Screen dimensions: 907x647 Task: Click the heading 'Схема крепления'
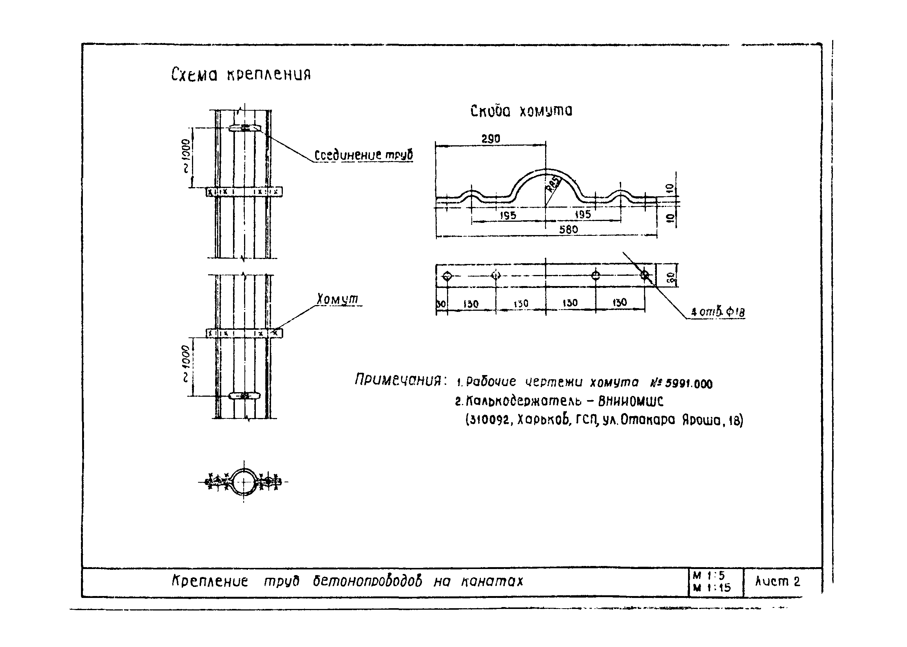(x=241, y=74)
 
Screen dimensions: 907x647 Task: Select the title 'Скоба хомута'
(x=521, y=111)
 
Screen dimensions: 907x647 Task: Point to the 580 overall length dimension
(x=568, y=229)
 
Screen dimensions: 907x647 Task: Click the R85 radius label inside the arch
(x=554, y=184)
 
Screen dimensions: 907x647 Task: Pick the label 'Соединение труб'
(x=363, y=155)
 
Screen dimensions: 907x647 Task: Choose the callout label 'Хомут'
(x=338, y=299)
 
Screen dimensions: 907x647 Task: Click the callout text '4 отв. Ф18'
(x=717, y=312)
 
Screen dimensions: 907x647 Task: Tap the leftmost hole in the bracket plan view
(x=447, y=275)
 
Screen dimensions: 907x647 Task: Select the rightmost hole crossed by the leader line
(x=645, y=275)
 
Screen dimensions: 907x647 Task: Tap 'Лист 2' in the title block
(x=777, y=582)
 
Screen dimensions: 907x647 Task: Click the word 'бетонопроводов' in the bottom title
(x=367, y=582)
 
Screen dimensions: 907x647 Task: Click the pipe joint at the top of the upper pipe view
(x=244, y=128)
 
